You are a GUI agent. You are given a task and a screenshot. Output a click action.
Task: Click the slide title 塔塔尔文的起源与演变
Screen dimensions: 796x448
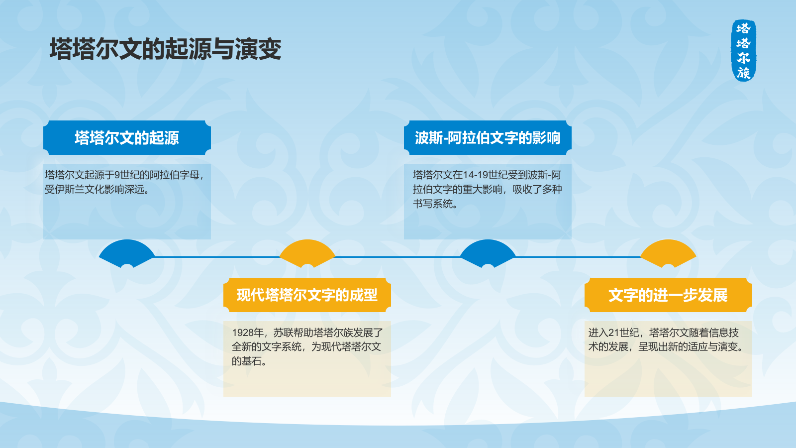166,49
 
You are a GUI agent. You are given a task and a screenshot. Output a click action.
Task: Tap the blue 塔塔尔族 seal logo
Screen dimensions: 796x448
743,50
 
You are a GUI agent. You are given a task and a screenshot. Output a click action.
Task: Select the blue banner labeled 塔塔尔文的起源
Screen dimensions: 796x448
127,137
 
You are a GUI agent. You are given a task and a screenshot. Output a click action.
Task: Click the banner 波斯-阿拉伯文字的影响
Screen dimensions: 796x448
488,137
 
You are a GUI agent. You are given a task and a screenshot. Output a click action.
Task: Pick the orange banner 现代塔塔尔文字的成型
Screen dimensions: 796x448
307,295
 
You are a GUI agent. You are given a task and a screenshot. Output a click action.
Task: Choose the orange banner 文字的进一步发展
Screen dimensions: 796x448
668,295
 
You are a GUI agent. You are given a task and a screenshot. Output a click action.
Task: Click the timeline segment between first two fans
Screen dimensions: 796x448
217,256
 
